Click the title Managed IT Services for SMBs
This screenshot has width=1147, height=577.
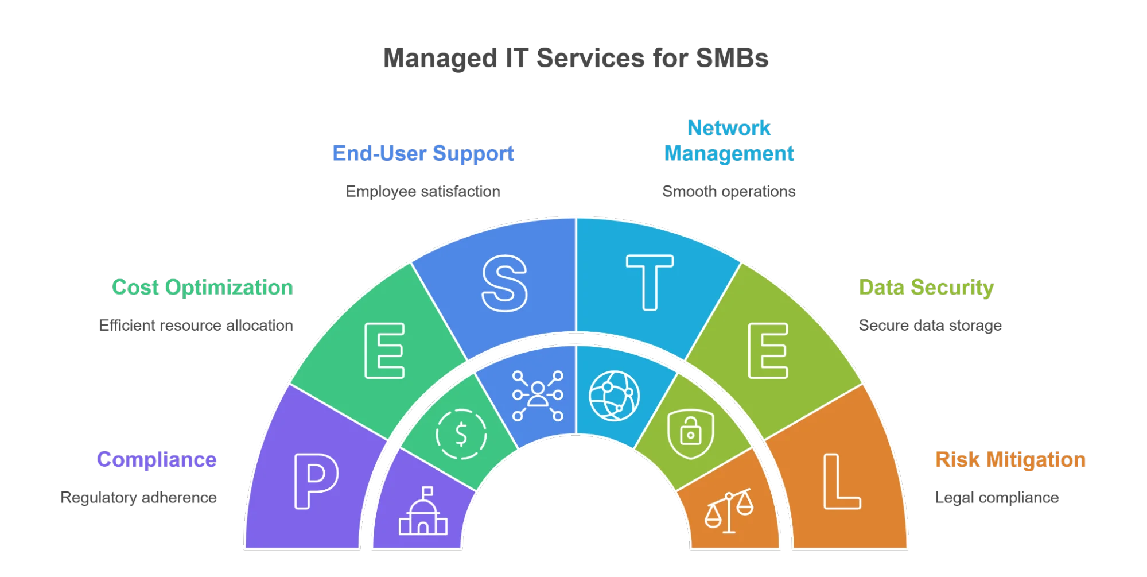coord(576,58)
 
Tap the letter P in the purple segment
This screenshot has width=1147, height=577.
coord(316,481)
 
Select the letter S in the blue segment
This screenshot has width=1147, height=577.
coord(504,283)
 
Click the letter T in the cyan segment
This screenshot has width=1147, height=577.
coord(649,282)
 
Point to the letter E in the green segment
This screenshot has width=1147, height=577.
coord(384,350)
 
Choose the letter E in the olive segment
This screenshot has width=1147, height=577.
coord(768,350)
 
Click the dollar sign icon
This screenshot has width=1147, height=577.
coord(461,434)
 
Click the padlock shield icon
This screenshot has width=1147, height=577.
coord(690,433)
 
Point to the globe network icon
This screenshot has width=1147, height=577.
coord(614,396)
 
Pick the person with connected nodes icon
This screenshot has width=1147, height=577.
coord(538,396)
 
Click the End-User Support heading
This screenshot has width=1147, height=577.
coord(423,153)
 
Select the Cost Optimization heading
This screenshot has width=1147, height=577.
coord(202,287)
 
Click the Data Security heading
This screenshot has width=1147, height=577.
coord(926,287)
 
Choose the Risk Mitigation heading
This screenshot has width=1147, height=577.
coord(1010,460)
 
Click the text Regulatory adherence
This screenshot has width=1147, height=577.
coord(138,498)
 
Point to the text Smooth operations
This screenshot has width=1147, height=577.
coord(729,191)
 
